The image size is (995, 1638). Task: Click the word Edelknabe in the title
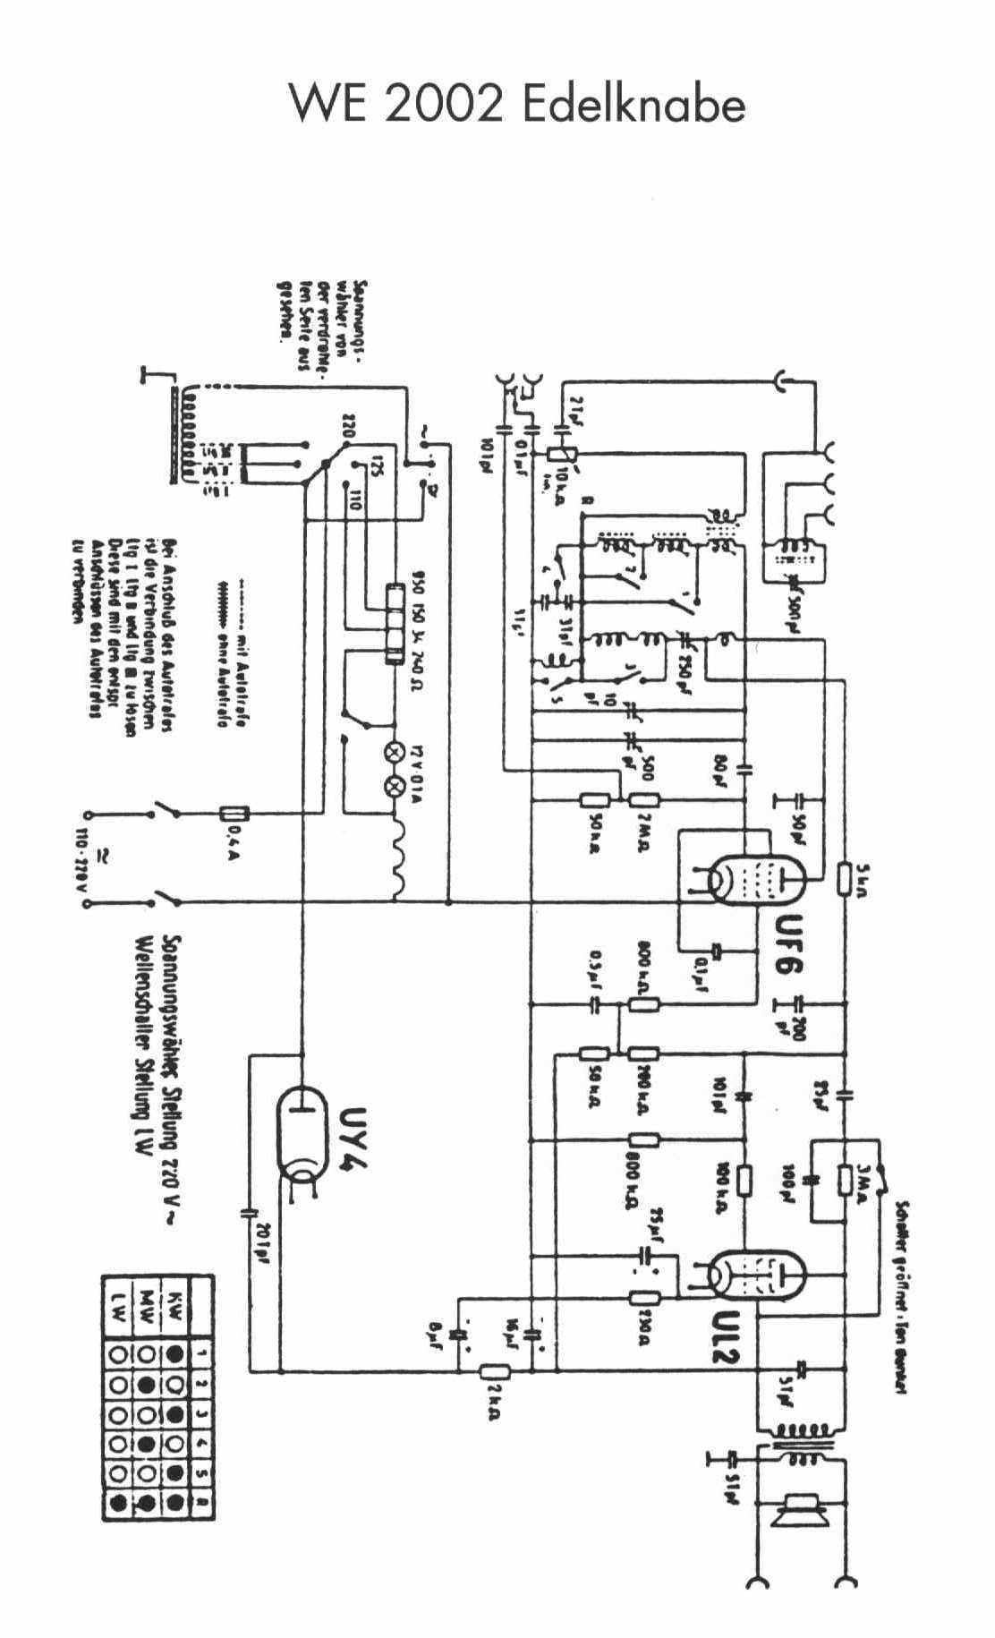tap(632, 105)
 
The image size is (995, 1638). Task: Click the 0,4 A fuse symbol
tap(234, 814)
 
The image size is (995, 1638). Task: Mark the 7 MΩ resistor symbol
tap(642, 800)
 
